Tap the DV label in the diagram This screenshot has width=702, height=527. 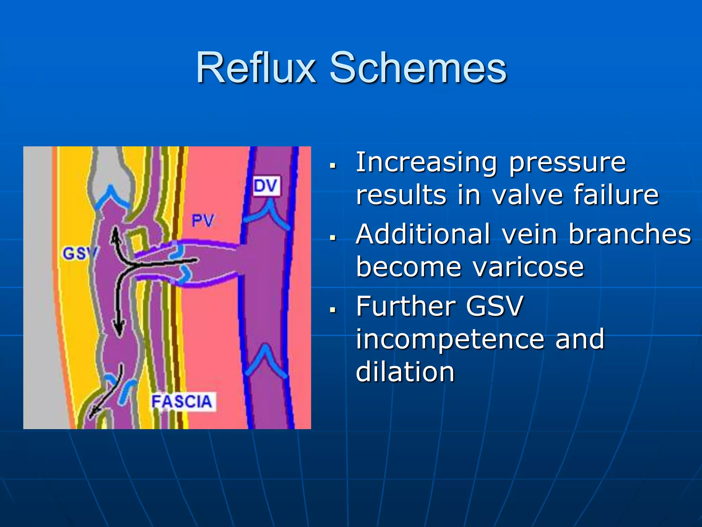(x=266, y=186)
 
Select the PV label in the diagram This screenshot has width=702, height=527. (x=203, y=220)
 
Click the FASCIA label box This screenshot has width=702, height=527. (x=182, y=402)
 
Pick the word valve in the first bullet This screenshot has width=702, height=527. (x=527, y=195)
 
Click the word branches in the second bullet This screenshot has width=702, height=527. (x=630, y=234)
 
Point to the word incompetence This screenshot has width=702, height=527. (x=450, y=339)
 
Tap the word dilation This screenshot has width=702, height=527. (x=405, y=372)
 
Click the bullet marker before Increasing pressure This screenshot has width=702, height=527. (x=332, y=166)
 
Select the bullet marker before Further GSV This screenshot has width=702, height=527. (x=332, y=310)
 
